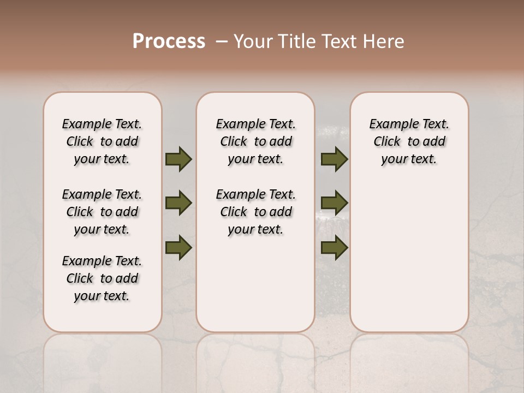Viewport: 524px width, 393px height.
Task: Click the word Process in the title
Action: click(x=169, y=41)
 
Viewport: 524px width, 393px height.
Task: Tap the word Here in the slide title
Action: click(x=384, y=41)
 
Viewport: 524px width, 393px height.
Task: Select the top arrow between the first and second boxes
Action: click(x=178, y=159)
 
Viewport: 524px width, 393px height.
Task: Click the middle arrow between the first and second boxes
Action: click(x=178, y=203)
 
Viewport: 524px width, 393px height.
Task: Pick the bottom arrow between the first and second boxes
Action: click(x=178, y=247)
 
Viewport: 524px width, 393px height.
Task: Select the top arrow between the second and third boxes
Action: click(x=334, y=159)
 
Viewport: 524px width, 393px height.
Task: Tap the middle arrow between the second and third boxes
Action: click(x=334, y=203)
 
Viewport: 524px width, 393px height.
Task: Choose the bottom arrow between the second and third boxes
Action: click(x=334, y=248)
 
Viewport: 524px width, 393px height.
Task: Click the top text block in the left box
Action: click(x=102, y=141)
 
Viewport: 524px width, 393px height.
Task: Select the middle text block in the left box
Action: click(x=102, y=212)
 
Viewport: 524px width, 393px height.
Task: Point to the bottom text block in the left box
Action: click(x=102, y=278)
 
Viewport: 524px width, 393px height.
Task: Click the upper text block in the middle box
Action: click(x=255, y=141)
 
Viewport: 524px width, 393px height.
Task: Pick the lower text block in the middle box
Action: click(x=255, y=212)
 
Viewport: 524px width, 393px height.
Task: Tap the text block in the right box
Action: click(x=409, y=141)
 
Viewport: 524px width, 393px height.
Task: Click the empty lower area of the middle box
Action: click(x=255, y=284)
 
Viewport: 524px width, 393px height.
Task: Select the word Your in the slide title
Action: click(x=252, y=41)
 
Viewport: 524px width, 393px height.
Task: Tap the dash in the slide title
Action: click(x=222, y=41)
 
